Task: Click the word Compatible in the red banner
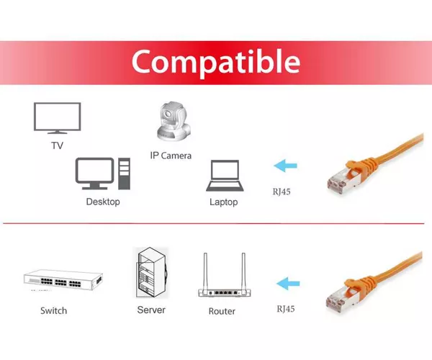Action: [x=216, y=62]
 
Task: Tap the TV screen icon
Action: [x=58, y=118]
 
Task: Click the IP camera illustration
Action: [x=174, y=122]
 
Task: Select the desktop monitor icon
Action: [x=94, y=174]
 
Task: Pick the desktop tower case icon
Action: [x=125, y=174]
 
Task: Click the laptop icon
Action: [x=225, y=176]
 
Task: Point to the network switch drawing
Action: [x=63, y=280]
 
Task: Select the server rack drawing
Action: [x=152, y=272]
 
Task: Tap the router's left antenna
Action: [x=205, y=271]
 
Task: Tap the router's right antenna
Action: [x=243, y=271]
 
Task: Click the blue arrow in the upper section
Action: [x=285, y=166]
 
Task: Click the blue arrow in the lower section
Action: [x=288, y=284]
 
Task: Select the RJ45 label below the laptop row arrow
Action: [x=282, y=192]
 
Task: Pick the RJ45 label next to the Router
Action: [x=286, y=309]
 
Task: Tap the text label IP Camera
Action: [x=171, y=156]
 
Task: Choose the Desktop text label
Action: [x=103, y=202]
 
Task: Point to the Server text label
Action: [x=151, y=310]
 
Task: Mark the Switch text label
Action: [x=54, y=311]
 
